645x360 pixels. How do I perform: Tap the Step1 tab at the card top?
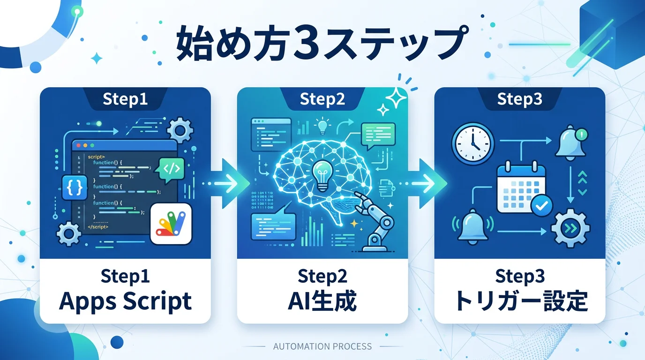125,99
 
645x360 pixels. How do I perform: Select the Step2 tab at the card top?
322,99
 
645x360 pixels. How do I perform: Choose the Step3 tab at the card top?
519,99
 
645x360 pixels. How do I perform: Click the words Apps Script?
125,301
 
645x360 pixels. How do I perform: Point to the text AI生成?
322,301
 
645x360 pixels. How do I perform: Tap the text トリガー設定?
520,301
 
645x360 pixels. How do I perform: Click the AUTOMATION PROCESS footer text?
322,346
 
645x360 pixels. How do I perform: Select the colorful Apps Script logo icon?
171,224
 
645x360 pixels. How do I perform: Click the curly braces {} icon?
75,187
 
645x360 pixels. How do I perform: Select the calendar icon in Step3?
520,187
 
